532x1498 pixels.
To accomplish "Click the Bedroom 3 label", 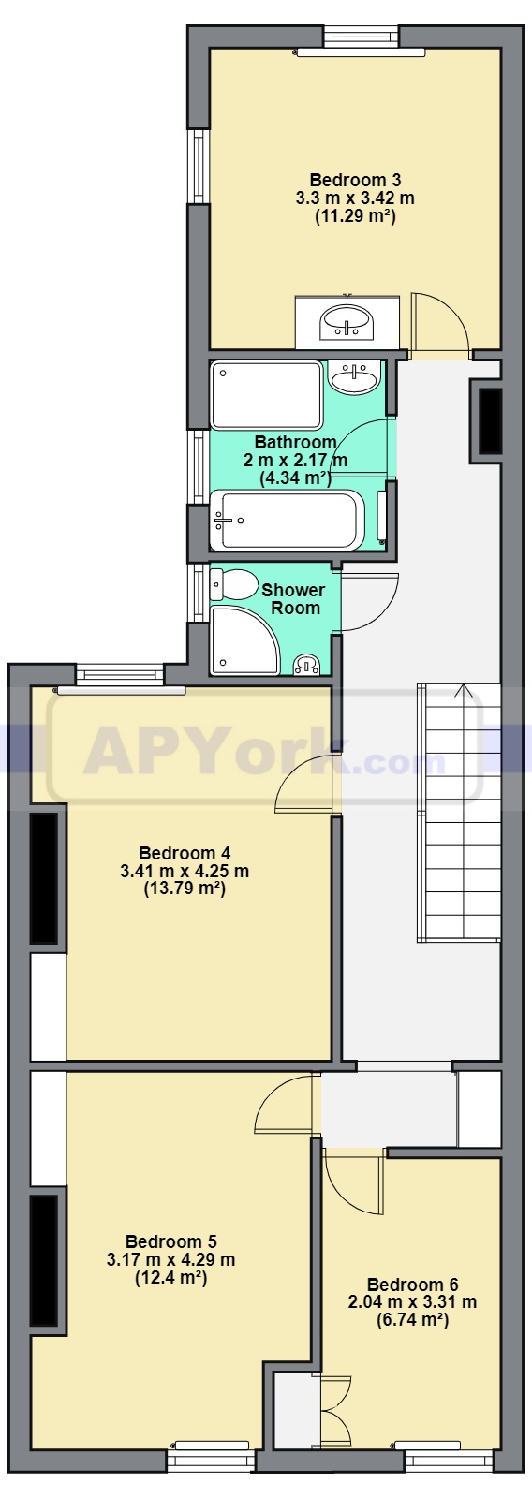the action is tap(355, 180).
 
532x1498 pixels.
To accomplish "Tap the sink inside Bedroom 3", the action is tap(347, 322).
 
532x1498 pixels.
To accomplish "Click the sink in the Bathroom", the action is tap(355, 376).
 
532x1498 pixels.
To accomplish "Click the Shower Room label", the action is tap(293, 599).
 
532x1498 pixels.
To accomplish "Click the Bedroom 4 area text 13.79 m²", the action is tap(184, 889).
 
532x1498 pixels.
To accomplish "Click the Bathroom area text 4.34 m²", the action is tap(295, 478).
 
